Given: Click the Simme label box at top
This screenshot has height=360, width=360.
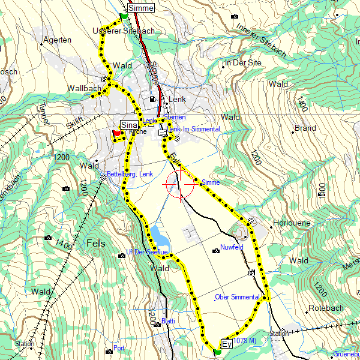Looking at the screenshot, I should (x=141, y=8).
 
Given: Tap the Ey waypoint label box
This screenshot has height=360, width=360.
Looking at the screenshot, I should (x=227, y=344).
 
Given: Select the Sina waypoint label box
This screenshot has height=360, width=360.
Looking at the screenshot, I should (x=129, y=124).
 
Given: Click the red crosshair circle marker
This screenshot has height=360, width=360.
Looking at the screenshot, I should (x=180, y=184).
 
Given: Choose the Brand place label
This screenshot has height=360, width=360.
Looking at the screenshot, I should (x=305, y=128).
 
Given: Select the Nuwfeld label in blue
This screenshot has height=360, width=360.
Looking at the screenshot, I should (x=232, y=247).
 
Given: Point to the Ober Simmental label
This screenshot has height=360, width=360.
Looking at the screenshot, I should (x=236, y=297).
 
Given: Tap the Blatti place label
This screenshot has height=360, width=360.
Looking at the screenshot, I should (x=168, y=321).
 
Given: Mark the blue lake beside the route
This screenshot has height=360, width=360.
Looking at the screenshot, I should (x=158, y=235).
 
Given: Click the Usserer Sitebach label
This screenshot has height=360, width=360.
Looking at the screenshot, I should (x=124, y=31).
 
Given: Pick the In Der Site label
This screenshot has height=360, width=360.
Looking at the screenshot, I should (x=243, y=62).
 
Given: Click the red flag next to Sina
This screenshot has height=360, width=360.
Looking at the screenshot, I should (x=116, y=133).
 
